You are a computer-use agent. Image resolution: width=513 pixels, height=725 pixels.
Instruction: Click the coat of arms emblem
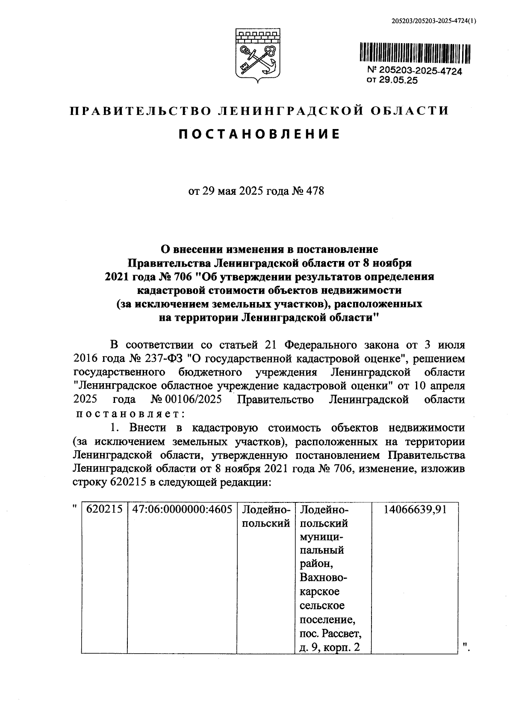258,55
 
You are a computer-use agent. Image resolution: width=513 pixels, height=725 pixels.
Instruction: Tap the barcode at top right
414,54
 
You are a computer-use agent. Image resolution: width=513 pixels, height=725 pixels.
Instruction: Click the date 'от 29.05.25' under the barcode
392,80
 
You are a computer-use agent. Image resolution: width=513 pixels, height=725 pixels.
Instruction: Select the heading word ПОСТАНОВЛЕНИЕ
259,134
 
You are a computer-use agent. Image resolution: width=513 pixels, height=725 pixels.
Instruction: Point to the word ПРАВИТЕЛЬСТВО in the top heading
140,111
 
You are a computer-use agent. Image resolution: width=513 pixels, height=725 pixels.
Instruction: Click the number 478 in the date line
315,191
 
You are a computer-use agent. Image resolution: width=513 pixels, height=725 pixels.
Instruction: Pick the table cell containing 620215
104,509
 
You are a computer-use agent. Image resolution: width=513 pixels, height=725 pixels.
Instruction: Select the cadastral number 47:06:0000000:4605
182,509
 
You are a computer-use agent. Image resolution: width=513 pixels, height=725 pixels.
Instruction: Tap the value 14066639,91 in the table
415,509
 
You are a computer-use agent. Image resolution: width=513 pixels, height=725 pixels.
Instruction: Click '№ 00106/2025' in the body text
187,399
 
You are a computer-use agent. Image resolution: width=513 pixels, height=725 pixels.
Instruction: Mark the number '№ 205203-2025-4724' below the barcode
414,71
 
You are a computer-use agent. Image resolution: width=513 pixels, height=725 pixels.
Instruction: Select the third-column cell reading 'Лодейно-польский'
266,516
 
